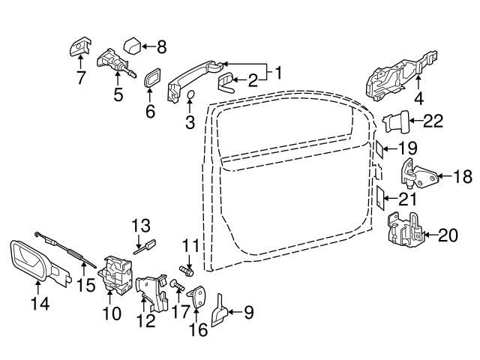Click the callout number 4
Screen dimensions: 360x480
[x=419, y=97]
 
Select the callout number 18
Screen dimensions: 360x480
[x=463, y=177]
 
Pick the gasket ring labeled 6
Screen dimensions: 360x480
[x=150, y=79]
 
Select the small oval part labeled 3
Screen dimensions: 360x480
[x=190, y=94]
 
